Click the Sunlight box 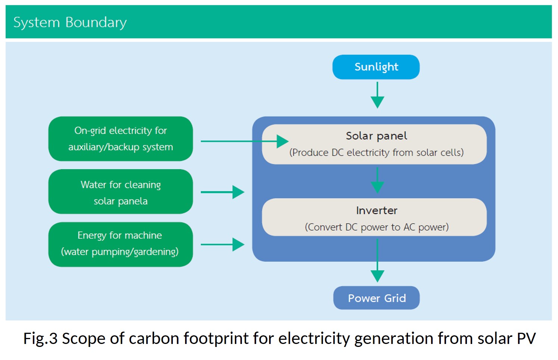376,67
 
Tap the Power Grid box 376,298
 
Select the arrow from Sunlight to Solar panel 377,96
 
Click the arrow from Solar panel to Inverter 377,180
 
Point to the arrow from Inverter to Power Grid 377,261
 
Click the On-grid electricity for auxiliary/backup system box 121,139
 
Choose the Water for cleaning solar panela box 121,192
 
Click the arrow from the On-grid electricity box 244,141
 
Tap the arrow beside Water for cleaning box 223,192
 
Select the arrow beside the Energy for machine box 223,245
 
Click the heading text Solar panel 376,136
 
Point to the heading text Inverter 377,211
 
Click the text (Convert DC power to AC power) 377,227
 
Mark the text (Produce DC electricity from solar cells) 376,153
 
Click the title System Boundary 70,22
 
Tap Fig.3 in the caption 40,339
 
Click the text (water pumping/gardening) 120,252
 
